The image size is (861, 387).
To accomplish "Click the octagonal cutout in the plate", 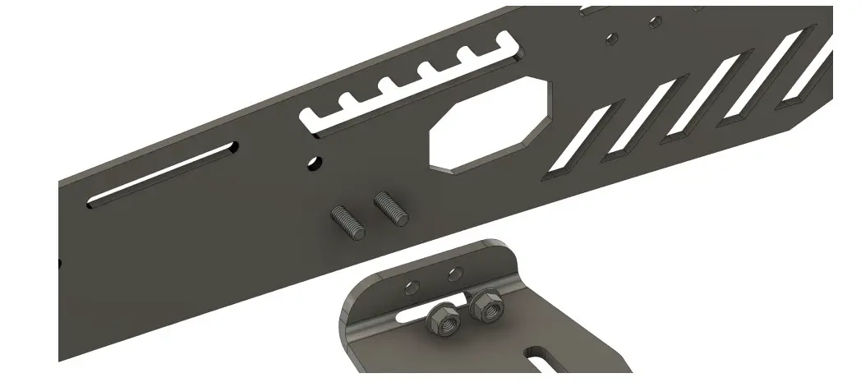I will coord(490,124).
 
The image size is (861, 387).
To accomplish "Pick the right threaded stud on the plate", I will coord(391,207).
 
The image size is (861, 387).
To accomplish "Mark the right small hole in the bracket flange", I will coord(455,273).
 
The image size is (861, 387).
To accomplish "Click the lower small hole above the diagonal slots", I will coord(611,39).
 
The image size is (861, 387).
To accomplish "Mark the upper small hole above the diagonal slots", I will coord(655,21).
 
